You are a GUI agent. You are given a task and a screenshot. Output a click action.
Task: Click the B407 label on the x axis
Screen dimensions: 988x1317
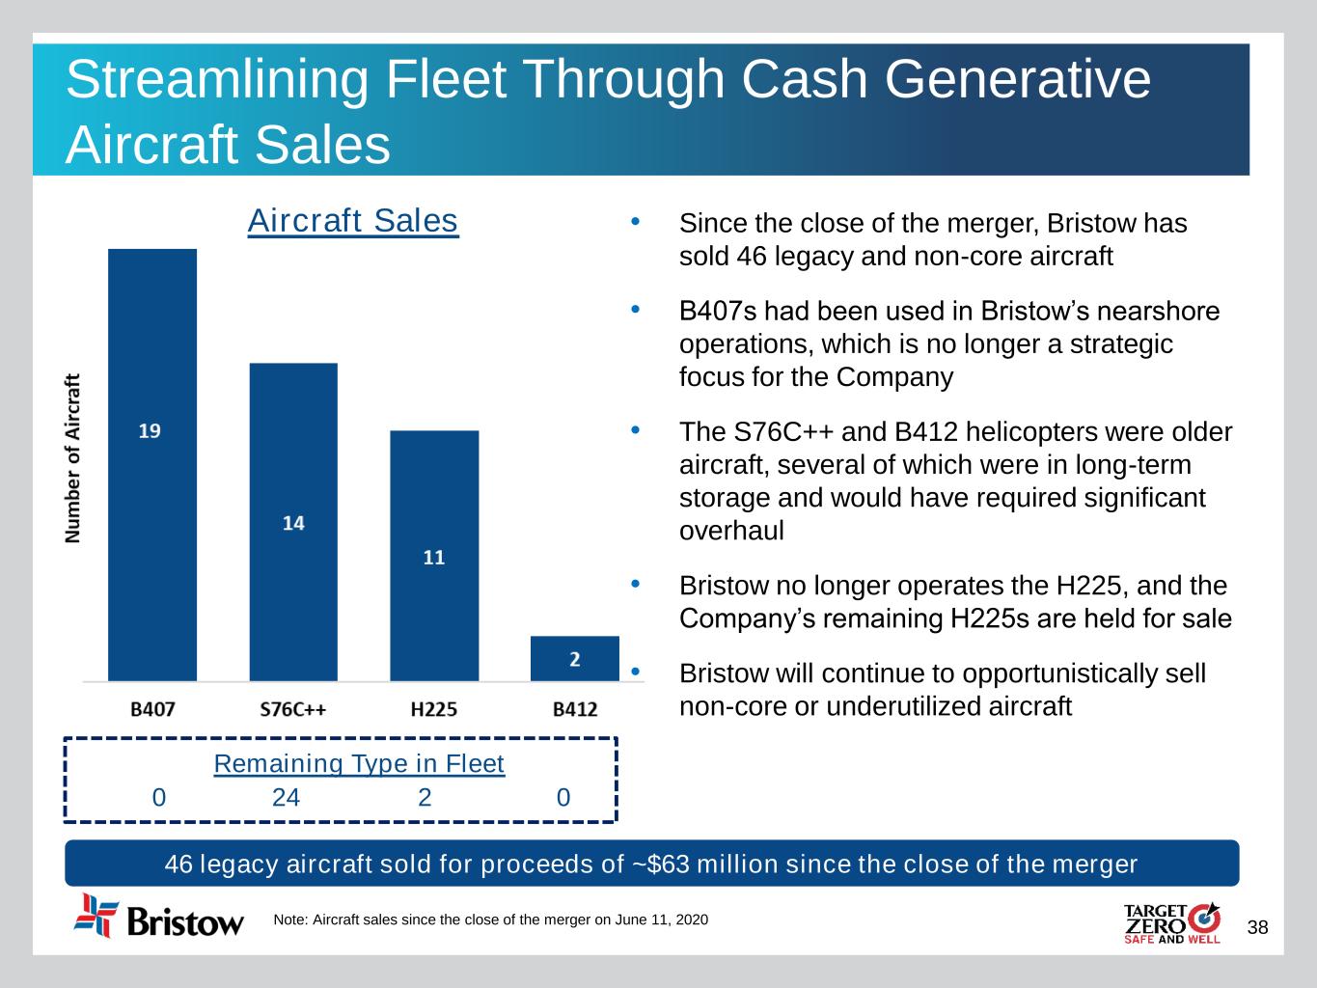click(152, 710)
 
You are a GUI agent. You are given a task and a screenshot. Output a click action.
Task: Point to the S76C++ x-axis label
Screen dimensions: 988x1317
click(293, 710)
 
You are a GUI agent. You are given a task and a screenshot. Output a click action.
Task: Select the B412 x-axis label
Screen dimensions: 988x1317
click(575, 710)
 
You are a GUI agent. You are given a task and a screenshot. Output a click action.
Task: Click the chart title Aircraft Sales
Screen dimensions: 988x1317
click(353, 221)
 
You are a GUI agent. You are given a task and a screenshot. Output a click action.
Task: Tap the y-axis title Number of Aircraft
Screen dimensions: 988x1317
click(73, 459)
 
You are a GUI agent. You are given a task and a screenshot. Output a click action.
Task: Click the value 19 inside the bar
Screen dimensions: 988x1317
click(150, 430)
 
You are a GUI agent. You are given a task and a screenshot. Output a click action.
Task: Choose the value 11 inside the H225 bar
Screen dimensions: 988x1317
click(434, 558)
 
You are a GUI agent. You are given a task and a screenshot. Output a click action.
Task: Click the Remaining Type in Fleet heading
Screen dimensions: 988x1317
click(359, 764)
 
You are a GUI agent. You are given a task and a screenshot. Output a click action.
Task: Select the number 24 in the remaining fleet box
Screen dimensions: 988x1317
click(286, 797)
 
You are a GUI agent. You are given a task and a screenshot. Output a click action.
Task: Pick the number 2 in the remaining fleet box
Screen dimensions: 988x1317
click(425, 797)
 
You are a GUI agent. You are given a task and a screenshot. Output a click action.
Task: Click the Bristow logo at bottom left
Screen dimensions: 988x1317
click(160, 917)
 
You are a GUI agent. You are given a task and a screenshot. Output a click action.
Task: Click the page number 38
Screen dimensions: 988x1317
click(1258, 928)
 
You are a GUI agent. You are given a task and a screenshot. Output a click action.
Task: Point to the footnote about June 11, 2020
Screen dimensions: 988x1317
click(491, 920)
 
